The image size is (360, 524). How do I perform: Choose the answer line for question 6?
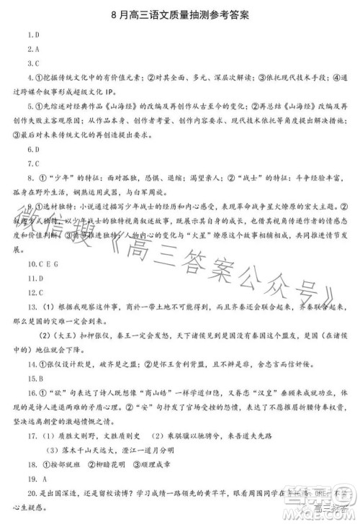[x=33, y=150]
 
